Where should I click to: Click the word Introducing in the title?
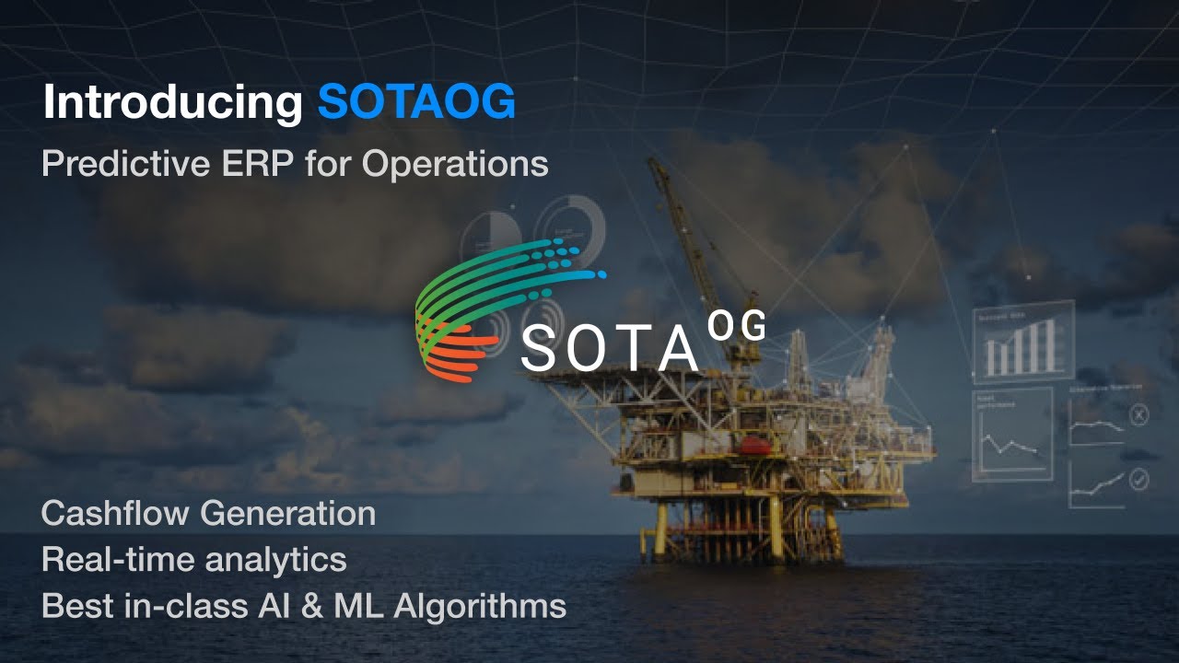point(172,103)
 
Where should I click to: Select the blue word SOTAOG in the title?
point(416,103)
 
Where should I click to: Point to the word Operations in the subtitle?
point(455,164)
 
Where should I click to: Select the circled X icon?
point(1139,416)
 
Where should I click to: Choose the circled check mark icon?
point(1139,480)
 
